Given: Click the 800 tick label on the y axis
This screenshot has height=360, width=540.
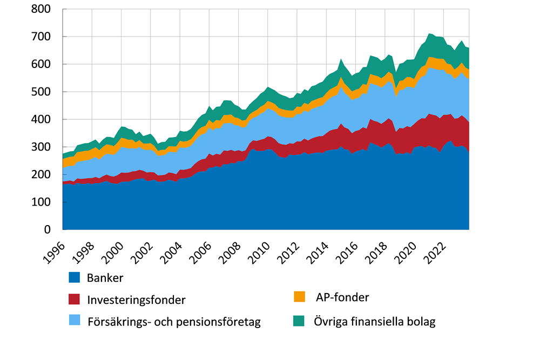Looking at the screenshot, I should (x=42, y=9).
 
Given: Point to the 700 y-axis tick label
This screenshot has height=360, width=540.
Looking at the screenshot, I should (x=42, y=37).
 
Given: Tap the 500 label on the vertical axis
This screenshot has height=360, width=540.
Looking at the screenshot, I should (x=42, y=92).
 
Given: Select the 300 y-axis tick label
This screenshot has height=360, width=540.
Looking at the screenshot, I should (x=42, y=147).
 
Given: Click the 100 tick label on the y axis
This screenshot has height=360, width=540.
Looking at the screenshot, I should (x=42, y=202).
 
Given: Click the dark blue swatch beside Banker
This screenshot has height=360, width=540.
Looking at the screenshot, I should (x=74, y=278).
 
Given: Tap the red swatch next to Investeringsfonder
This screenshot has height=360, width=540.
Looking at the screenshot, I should (x=74, y=299).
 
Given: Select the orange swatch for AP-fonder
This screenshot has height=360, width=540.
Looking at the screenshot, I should (x=300, y=297).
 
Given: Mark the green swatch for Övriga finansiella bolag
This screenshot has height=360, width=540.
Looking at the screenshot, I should (x=300, y=321).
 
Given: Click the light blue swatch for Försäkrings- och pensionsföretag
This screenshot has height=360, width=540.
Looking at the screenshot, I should (x=74, y=321).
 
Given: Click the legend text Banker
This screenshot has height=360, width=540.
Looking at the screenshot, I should (x=105, y=279).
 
